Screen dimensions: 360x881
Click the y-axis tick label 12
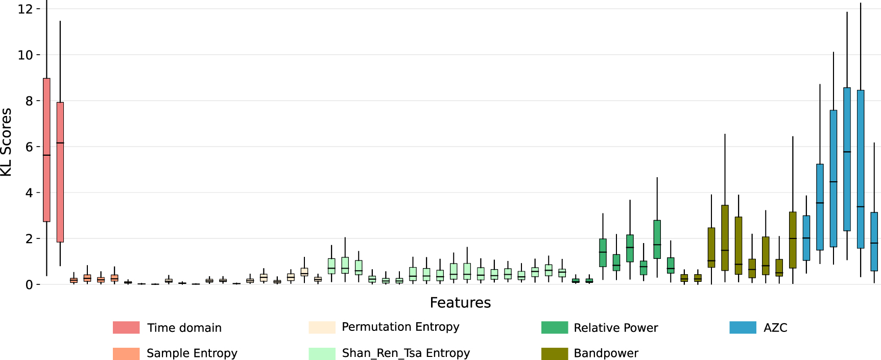25,9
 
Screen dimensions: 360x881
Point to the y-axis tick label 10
25,55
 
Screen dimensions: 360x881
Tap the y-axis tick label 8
29,101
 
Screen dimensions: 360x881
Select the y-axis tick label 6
29,147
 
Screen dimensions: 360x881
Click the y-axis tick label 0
29,285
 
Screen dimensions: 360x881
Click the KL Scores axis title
6,142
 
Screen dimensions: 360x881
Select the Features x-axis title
460,303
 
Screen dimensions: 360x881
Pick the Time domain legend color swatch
126,328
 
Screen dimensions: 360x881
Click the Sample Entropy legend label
192,353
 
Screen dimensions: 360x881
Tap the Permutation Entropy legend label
400,327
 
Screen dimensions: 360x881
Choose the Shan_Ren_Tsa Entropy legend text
406,353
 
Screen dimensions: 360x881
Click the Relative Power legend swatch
555,328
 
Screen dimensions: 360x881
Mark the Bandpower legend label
606,353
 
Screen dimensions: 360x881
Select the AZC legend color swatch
743,328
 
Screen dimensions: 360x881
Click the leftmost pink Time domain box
46,150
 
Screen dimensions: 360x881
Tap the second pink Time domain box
60,172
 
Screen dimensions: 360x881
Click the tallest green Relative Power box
657,239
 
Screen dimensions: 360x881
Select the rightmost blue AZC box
874,241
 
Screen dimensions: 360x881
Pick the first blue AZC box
806,238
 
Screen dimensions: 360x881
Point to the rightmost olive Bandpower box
793,239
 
